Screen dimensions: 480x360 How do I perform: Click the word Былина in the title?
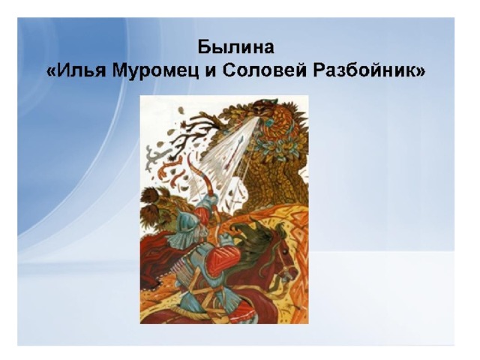pos(235,47)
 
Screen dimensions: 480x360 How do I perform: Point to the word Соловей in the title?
pos(265,70)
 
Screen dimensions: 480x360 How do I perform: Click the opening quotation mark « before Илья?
pos(51,73)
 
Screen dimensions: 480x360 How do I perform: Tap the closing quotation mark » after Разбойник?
pos(418,73)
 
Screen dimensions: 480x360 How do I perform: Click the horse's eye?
pos(285,251)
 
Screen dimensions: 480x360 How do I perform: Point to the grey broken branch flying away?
pos(152,158)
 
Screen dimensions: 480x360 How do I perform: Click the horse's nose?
pos(294,271)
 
